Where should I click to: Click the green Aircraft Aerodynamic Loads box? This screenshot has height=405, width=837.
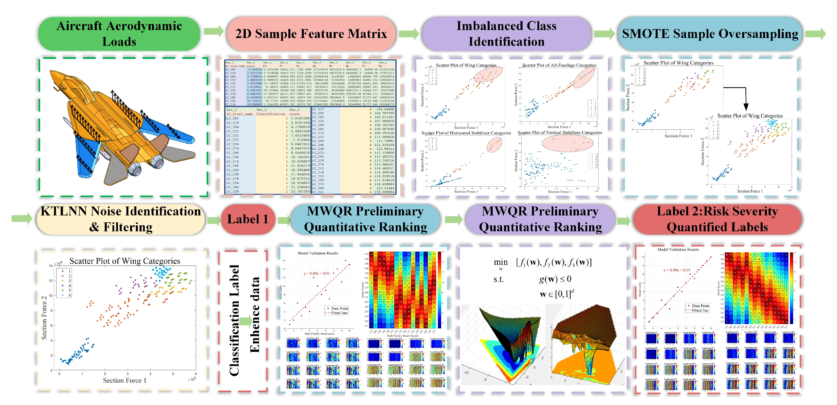[x=119, y=34]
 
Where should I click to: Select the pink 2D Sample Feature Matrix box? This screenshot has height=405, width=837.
[x=311, y=34]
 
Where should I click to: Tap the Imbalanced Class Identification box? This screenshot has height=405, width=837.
[x=506, y=34]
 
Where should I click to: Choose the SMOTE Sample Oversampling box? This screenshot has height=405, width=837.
[x=710, y=34]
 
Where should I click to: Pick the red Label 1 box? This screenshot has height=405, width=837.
[x=248, y=219]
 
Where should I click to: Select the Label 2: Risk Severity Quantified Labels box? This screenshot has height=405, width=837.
[x=717, y=219]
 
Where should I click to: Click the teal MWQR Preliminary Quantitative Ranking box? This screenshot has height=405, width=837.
[x=365, y=219]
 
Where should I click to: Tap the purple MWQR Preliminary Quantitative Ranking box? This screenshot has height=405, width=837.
[x=540, y=219]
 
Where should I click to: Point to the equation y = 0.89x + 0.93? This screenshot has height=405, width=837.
[x=316, y=273]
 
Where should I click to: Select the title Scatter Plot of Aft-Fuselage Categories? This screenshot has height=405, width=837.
[x=559, y=65]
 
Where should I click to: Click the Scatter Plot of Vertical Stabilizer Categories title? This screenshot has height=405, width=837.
[x=560, y=132]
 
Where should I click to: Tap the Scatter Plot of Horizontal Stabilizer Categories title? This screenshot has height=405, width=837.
[x=466, y=133]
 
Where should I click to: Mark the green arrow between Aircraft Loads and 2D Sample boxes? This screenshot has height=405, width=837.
[x=213, y=32]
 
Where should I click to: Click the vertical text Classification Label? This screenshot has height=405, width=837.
[x=234, y=320]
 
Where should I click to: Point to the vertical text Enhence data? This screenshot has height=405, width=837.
[x=255, y=315]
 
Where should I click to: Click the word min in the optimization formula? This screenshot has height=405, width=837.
[x=500, y=262]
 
